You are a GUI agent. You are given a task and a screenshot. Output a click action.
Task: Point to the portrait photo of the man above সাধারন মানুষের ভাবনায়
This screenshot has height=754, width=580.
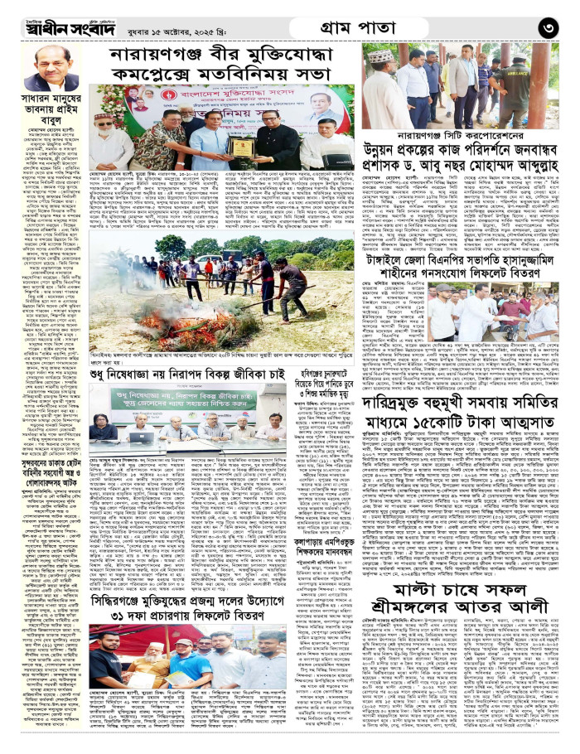click(51, 69)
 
